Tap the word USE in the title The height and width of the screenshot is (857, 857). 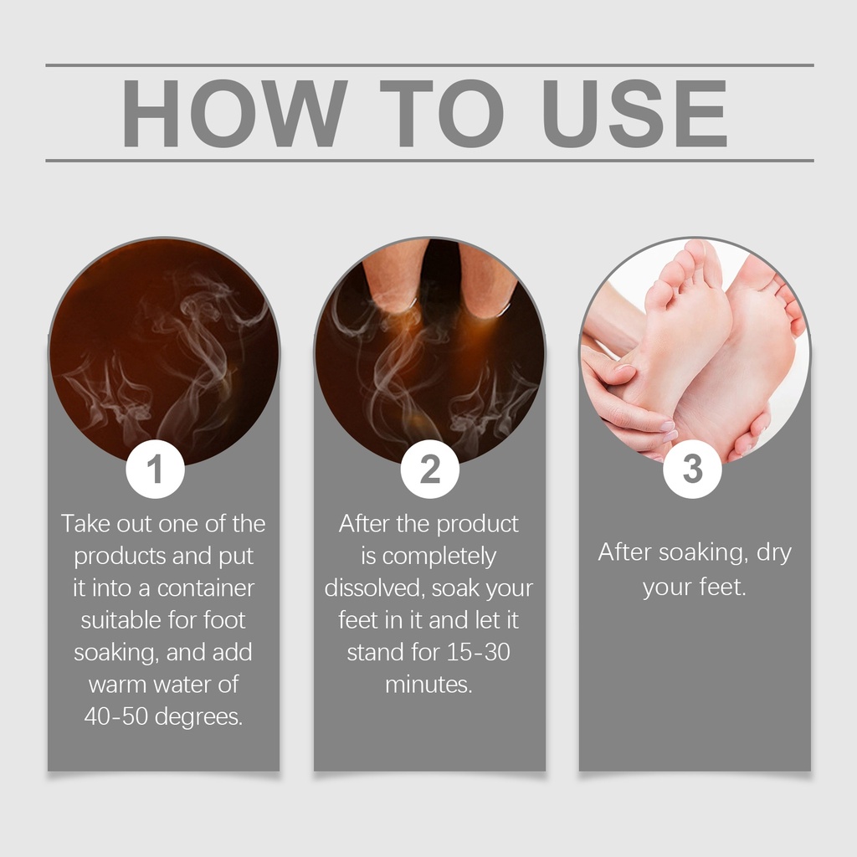coord(634,113)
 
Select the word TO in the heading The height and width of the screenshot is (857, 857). coord(442,113)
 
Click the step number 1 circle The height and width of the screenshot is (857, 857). coord(155,469)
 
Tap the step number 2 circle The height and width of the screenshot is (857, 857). coord(429,469)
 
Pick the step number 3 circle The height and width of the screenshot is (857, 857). coord(692,469)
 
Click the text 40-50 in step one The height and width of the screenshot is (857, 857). coord(115,716)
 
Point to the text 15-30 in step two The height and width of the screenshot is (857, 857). coord(478,652)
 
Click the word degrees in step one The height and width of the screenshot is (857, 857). coord(199,717)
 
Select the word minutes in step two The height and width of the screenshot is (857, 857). coord(428,685)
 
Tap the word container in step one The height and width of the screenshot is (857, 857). coord(206,588)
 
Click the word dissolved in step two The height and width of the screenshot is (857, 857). coord(375,588)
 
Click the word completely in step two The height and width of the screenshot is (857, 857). coord(439,557)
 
